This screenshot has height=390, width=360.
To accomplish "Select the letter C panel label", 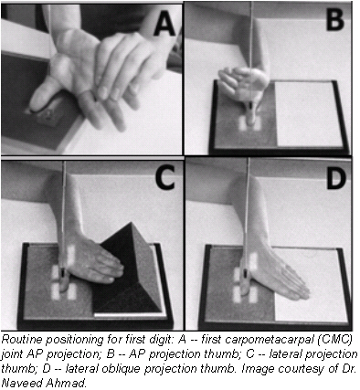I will coord(162,180).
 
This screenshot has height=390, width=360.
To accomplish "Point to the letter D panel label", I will coord(334,180).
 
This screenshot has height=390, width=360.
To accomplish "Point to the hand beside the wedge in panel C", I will coord(88,265).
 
